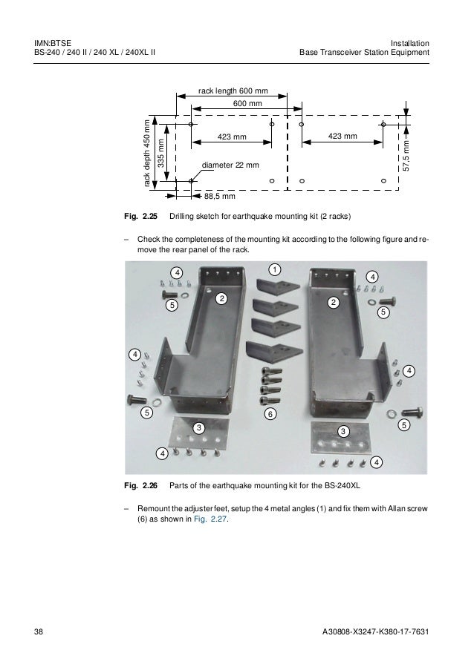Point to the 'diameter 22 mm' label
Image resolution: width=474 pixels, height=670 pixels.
(230, 164)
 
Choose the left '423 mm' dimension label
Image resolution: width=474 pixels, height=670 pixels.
(231, 137)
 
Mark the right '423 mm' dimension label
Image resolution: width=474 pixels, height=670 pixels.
(342, 137)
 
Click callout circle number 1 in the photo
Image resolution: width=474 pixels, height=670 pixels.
(274, 268)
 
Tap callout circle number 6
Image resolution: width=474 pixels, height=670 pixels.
(270, 413)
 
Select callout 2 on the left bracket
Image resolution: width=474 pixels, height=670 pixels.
(220, 298)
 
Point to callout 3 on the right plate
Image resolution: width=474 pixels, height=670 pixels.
(342, 431)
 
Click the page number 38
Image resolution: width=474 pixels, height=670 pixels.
(39, 631)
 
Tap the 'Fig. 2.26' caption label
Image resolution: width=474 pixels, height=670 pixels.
(140, 487)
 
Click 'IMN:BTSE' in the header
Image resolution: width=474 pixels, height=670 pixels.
(52, 42)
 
